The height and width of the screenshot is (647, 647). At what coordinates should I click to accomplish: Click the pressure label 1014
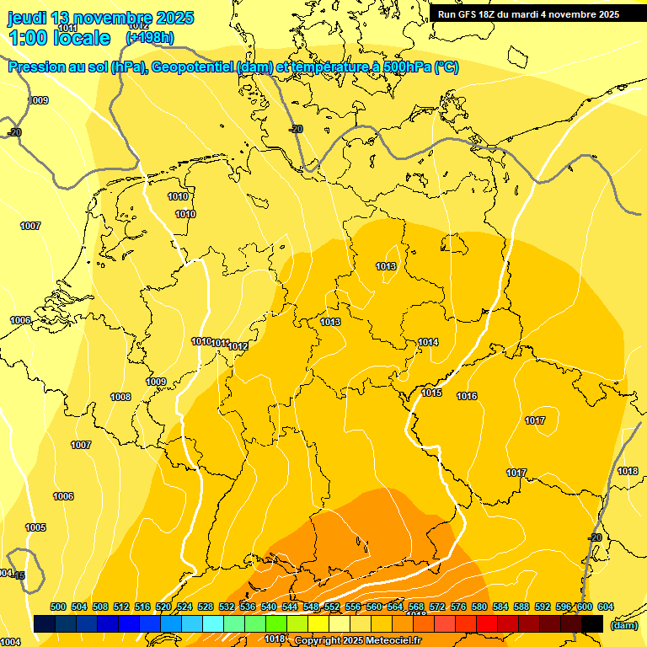click(428, 342)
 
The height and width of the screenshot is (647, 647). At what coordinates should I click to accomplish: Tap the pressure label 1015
click(432, 393)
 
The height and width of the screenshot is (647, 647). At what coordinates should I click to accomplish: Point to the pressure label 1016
click(468, 396)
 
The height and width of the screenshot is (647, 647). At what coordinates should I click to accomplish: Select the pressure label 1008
click(120, 397)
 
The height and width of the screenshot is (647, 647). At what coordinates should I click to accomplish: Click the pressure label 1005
click(35, 527)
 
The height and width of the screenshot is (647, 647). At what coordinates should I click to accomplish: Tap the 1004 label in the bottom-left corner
click(10, 642)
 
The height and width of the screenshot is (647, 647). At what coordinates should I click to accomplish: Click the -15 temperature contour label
click(19, 576)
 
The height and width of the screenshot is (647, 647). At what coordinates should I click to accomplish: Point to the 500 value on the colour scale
click(58, 607)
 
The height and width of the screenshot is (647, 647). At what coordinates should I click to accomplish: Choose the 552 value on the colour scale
click(332, 607)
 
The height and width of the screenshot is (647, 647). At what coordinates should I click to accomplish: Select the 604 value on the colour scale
click(606, 607)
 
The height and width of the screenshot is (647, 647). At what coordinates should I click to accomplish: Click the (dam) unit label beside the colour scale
click(624, 625)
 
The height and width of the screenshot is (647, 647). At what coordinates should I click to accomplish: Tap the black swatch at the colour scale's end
click(592, 623)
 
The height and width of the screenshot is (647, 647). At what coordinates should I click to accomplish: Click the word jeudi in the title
click(28, 18)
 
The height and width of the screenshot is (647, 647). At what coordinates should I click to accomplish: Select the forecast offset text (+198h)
click(150, 37)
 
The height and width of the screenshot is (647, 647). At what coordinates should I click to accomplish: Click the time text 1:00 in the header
click(26, 38)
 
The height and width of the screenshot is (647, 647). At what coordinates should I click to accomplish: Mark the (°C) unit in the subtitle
click(446, 67)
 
